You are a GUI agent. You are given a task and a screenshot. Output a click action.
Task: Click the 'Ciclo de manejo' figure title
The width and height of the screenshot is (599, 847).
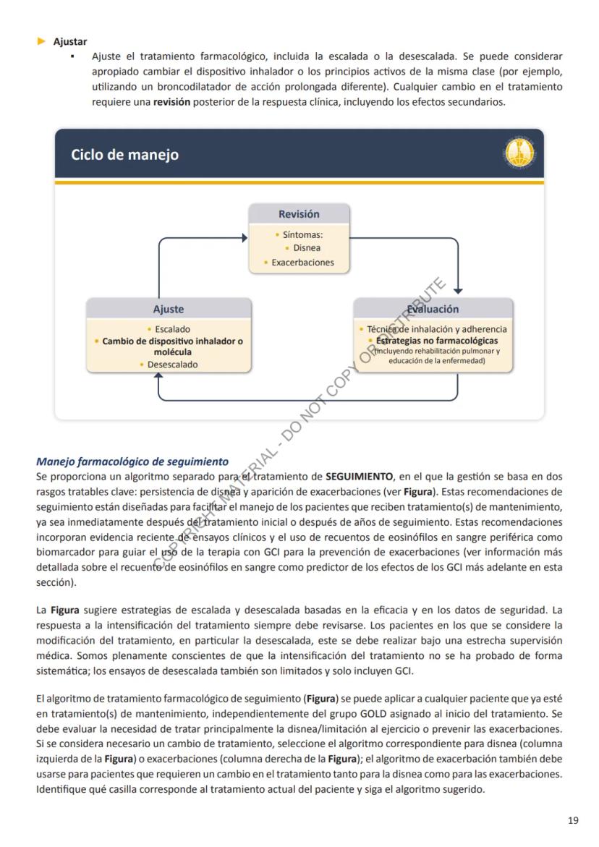[x=125, y=155]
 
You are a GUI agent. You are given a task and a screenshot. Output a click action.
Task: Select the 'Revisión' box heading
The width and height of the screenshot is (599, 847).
[x=299, y=214]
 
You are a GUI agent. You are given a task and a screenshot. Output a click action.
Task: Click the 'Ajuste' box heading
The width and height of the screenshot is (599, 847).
[x=169, y=309]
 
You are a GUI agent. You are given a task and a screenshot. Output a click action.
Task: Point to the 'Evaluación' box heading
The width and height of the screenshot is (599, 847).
[x=433, y=309]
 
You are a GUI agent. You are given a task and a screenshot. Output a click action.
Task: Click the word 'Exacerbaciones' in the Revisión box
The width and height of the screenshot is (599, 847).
[x=302, y=263]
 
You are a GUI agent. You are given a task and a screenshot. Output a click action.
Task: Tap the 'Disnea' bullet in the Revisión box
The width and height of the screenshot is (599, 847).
[x=307, y=248]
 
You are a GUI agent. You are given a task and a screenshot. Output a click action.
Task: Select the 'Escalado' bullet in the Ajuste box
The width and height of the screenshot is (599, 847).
[x=172, y=329]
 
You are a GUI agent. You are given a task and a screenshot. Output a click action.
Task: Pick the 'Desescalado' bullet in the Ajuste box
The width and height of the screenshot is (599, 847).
[x=172, y=365]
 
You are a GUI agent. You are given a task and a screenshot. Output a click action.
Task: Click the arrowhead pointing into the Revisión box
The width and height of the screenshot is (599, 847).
[x=244, y=236]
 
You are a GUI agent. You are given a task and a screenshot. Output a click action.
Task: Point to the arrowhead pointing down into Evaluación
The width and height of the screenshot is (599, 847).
[x=457, y=290]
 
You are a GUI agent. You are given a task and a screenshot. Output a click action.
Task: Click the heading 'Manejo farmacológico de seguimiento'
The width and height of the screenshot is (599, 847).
[x=132, y=461]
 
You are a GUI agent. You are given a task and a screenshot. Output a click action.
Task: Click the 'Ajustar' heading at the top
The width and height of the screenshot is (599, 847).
[x=70, y=42]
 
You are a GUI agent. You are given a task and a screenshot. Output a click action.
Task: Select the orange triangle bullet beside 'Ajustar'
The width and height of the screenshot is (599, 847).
[x=42, y=42]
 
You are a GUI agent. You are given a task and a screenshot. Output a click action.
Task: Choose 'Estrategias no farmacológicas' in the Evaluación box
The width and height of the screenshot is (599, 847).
[x=437, y=340]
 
